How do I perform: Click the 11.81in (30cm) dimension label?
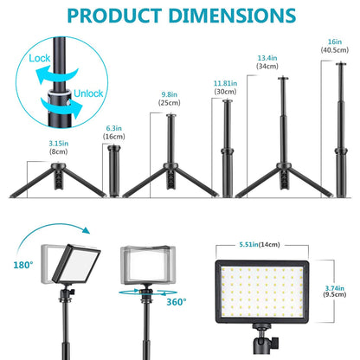click(225, 87)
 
